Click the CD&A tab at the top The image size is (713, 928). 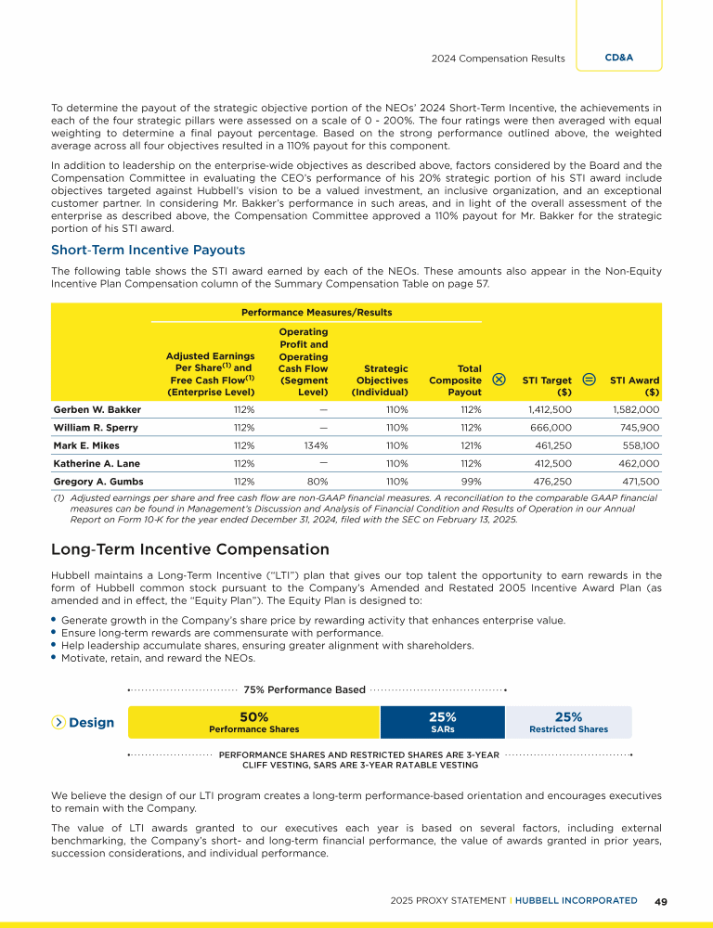[x=618, y=58]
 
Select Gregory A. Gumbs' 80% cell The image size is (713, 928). [x=318, y=482]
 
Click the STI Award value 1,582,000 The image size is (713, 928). [x=636, y=408]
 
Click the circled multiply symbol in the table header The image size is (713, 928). [x=499, y=379]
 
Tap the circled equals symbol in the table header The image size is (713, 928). [x=589, y=379]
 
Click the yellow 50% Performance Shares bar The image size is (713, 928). [x=253, y=722]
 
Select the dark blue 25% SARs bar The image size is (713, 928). [x=442, y=722]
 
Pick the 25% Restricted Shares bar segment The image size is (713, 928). [x=568, y=722]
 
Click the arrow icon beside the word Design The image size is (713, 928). [x=58, y=723]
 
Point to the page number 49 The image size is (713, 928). [x=661, y=901]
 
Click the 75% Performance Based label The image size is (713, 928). [x=304, y=690]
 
